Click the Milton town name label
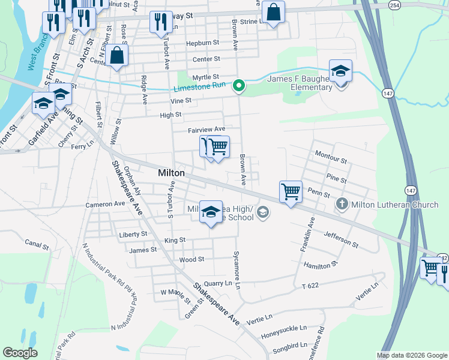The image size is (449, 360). pyautogui.click(x=171, y=173)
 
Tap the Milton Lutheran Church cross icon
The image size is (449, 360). pyautogui.click(x=342, y=205)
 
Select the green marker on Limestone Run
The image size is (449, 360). pyautogui.click(x=239, y=86)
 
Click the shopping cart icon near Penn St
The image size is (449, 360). pyautogui.click(x=291, y=192)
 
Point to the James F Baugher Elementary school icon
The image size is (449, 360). pyautogui.click(x=340, y=72)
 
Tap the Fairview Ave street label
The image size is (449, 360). pyautogui.click(x=206, y=129)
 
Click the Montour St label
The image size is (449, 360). pyautogui.click(x=331, y=160)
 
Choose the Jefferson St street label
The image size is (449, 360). pyautogui.click(x=341, y=240)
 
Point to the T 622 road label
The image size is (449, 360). pyautogui.click(x=310, y=286)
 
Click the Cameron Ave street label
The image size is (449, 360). pyautogui.click(x=105, y=204)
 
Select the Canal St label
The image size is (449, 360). pyautogui.click(x=37, y=245)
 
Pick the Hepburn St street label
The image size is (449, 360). pyautogui.click(x=202, y=43)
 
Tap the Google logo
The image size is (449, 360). pyautogui.click(x=20, y=353)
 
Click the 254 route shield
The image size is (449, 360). pyautogui.click(x=394, y=5)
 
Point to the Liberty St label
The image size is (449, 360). pyautogui.click(x=133, y=235)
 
